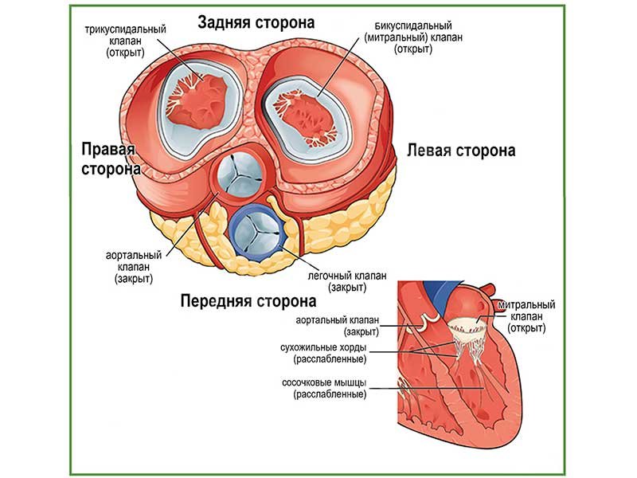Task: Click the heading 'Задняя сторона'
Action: point(256,22)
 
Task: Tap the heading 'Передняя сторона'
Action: point(248,302)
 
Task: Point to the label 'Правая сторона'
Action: point(110,159)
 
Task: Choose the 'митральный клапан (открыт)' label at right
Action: point(525,316)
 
